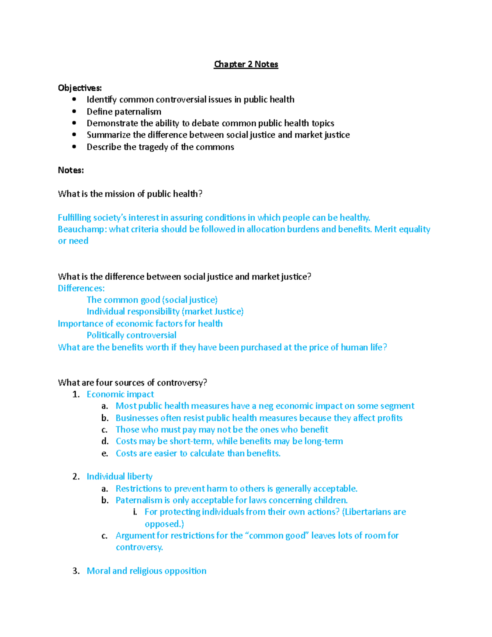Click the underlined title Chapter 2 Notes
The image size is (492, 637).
click(246, 64)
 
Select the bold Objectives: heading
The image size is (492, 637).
click(80, 88)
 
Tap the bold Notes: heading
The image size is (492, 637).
click(71, 170)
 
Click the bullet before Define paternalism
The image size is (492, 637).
click(74, 111)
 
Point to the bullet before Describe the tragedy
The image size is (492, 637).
click(74, 147)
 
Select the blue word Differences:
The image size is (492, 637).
click(81, 288)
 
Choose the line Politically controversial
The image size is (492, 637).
click(132, 335)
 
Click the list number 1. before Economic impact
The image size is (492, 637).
click(76, 395)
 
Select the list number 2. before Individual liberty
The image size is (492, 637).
click(76, 477)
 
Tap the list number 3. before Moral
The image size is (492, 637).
click(76, 571)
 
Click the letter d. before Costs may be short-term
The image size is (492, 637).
click(105, 441)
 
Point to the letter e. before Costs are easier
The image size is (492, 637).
click(105, 454)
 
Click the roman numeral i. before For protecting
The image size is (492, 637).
click(135, 512)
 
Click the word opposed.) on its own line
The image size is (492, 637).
click(164, 524)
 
